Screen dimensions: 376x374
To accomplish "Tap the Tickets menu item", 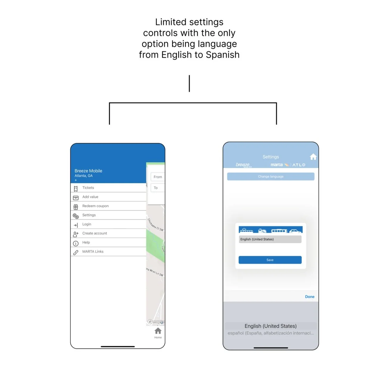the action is [88, 188].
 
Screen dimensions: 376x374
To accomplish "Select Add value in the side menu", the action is [90, 197].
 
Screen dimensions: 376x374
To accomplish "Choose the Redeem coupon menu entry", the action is [95, 206].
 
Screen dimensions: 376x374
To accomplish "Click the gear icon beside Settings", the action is [76, 216].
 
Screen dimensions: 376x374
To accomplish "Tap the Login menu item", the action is [87, 224].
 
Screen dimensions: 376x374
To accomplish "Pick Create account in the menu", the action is [94, 233].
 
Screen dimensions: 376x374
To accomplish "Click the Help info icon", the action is [76, 243].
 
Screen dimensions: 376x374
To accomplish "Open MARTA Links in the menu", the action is [93, 252].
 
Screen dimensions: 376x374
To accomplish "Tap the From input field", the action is [158, 177].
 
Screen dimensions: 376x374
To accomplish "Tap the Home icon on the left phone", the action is [158, 331].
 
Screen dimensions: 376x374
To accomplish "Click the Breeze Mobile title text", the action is [88, 171].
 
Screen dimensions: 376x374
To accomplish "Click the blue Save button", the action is [270, 260].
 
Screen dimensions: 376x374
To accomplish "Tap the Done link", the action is [310, 297].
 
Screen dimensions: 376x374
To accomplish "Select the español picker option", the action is [271, 333].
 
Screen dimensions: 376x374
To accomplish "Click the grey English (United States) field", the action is [270, 239].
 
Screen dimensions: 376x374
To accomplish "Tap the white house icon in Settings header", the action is [313, 157].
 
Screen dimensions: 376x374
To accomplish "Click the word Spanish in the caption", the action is [223, 55].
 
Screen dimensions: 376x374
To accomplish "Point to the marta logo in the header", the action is [277, 165].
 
